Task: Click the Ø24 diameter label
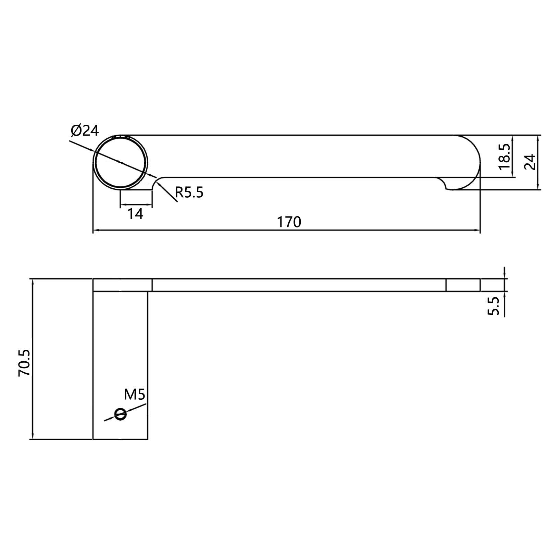pyautogui.click(x=85, y=130)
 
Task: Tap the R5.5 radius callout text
pyautogui.click(x=189, y=193)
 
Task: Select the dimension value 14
pyautogui.click(x=135, y=214)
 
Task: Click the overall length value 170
pyautogui.click(x=289, y=222)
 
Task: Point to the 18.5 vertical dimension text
pyautogui.click(x=504, y=157)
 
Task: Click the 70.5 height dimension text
pyautogui.click(x=24, y=363)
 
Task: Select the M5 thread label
pyautogui.click(x=135, y=395)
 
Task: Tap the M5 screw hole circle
pyautogui.click(x=121, y=414)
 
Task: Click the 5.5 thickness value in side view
pyautogui.click(x=494, y=306)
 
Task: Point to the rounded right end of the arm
pyautogui.click(x=476, y=161)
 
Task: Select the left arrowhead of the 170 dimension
pyautogui.click(x=96, y=230)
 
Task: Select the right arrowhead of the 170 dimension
pyautogui.click(x=477, y=230)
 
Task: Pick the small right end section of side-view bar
pyautogui.click(x=463, y=285)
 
